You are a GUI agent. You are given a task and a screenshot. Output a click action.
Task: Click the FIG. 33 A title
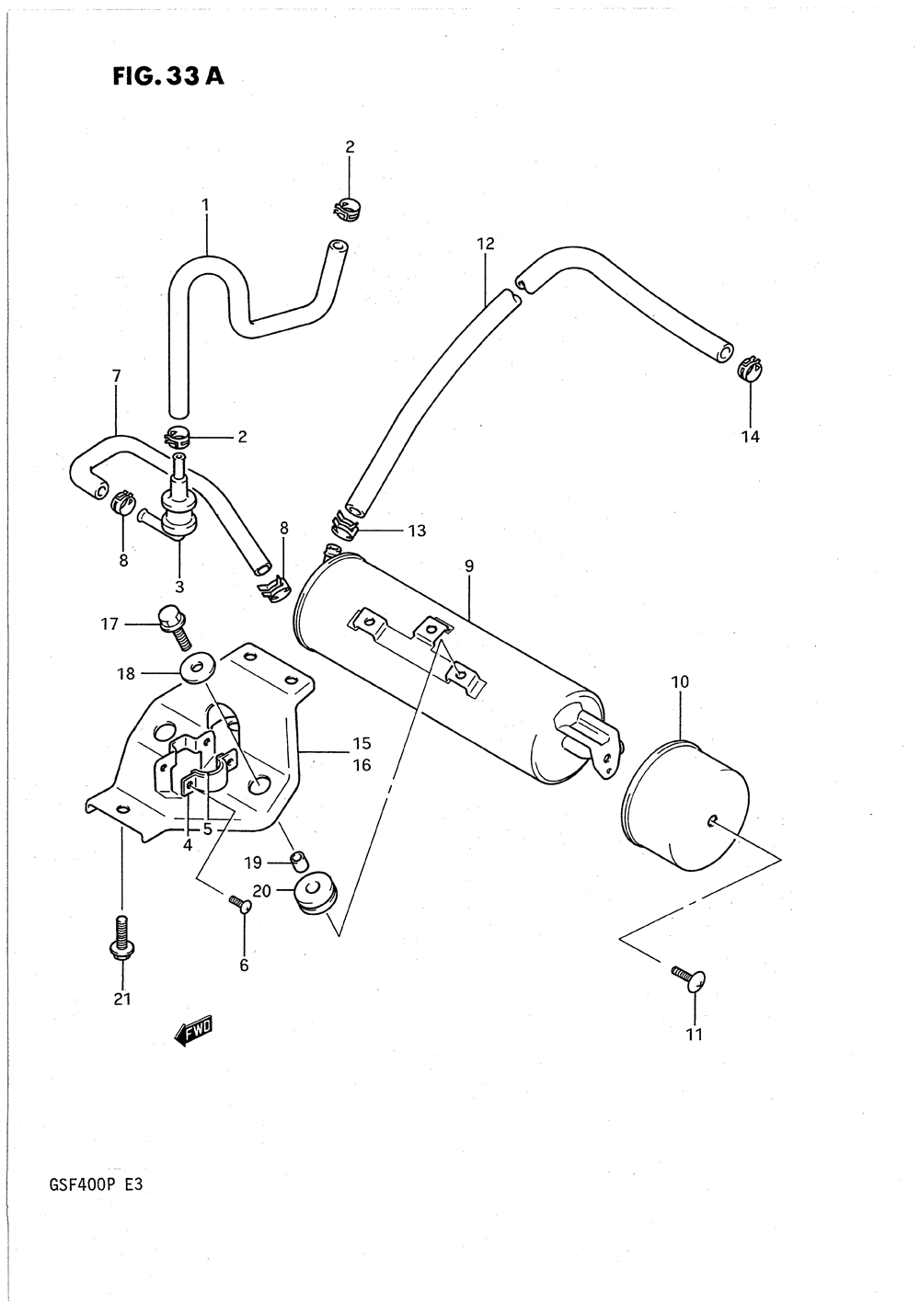point(168,76)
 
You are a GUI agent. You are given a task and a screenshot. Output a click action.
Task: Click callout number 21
point(122,999)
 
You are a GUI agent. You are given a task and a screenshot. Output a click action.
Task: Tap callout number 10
point(680,681)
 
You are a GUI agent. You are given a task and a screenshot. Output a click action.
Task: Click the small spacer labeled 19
point(300,860)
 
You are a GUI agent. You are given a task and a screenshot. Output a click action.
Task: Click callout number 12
point(486,244)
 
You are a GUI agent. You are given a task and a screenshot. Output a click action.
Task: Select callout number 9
point(469,566)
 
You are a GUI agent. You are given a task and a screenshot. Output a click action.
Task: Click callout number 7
point(117,376)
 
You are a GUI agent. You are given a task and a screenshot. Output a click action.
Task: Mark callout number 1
point(205,205)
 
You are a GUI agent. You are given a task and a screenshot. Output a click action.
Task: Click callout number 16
point(362,765)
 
